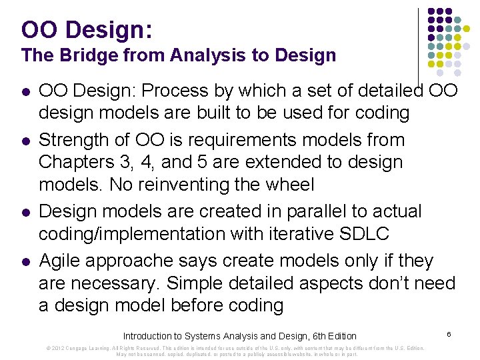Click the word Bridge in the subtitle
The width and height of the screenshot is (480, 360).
pos(83,55)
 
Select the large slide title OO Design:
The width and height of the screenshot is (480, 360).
pos(87,29)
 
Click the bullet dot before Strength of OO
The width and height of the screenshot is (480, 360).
pos(25,141)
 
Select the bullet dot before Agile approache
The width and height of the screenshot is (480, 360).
pos(25,261)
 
